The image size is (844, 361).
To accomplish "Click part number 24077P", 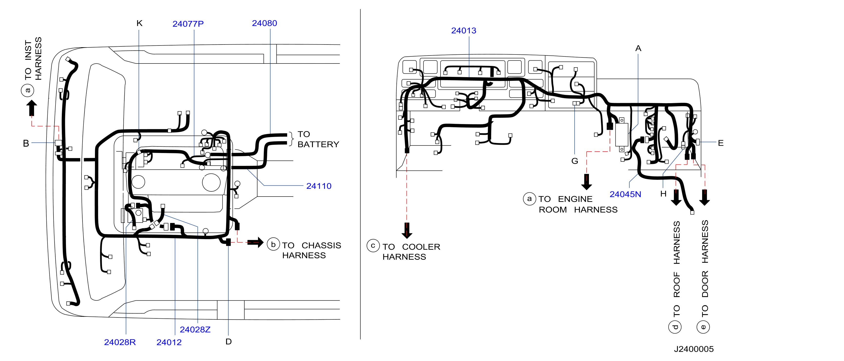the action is [x=188, y=24].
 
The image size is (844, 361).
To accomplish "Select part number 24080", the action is [x=264, y=23].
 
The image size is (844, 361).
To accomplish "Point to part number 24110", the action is [x=319, y=186].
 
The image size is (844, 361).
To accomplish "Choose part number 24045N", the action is [x=625, y=194].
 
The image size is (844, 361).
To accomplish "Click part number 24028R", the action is [x=120, y=342].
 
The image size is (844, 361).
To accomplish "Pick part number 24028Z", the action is [x=195, y=330].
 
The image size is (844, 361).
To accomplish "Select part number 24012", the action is [x=169, y=342].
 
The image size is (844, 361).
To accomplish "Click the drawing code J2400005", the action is [x=694, y=349].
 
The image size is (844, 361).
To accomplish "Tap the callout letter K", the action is [x=139, y=23].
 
